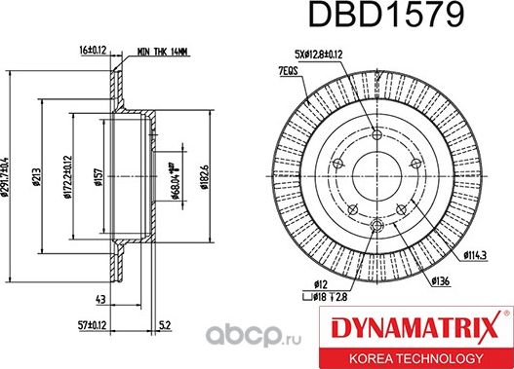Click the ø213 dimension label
coord(36,179)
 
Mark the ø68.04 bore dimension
coord(172,179)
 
